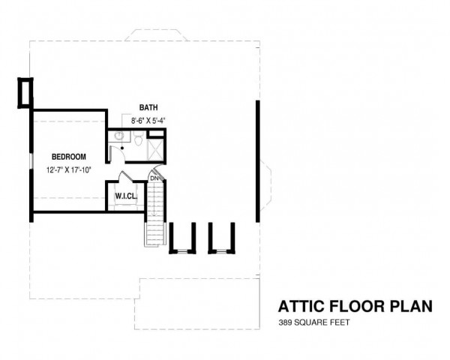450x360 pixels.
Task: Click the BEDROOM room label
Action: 68,157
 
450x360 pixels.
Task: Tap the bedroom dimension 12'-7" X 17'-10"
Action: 68,170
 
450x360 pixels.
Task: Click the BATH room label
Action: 148,107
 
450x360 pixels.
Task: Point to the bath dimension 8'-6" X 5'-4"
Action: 148,121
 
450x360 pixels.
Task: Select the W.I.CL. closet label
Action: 126,196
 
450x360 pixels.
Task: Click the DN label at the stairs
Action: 154,178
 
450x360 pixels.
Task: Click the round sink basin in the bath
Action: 119,136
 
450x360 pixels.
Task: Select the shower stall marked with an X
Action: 155,149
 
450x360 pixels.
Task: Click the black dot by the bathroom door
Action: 122,148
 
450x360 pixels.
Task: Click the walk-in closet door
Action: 125,176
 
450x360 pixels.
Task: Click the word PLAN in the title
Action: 411,306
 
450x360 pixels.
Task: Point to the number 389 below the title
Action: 285,322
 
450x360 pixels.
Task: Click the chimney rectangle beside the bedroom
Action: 25,93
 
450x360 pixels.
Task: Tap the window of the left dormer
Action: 182,252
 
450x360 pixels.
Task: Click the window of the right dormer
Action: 221,252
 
